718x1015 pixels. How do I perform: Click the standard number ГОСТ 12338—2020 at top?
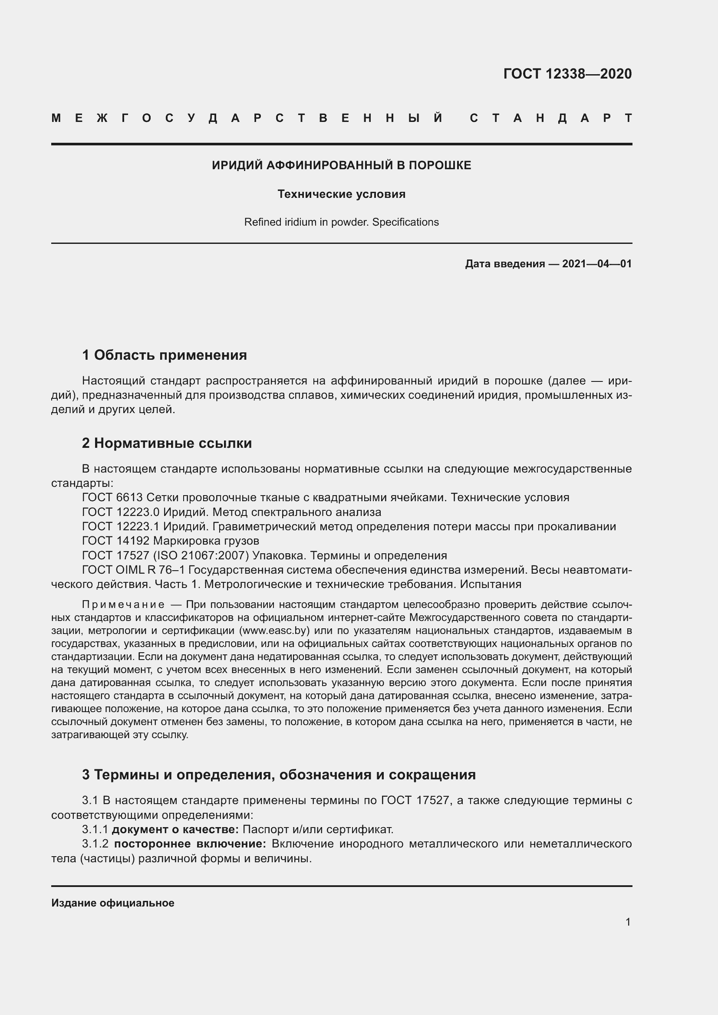[x=567, y=74]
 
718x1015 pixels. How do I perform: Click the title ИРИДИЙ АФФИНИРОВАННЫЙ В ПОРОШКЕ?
[x=341, y=165]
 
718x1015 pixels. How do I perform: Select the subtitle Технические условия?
[x=341, y=194]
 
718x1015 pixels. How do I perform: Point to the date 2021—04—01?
[x=596, y=264]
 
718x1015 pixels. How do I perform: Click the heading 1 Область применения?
[x=165, y=355]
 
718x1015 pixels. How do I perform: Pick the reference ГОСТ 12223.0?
[x=121, y=512]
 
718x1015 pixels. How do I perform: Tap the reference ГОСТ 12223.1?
[x=121, y=526]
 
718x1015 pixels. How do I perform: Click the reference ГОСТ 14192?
[x=116, y=541]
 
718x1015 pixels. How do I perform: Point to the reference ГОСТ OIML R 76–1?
[x=135, y=570]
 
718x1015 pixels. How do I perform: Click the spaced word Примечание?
[x=123, y=604]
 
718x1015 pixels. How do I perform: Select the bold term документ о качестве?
[x=175, y=829]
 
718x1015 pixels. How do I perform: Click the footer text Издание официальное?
[x=113, y=903]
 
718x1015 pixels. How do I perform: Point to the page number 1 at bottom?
[x=628, y=922]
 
